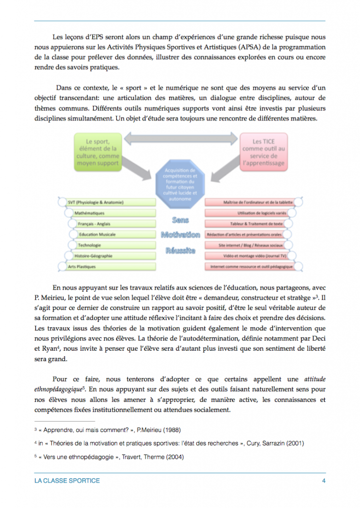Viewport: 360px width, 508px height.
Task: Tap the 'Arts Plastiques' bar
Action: click(x=95, y=267)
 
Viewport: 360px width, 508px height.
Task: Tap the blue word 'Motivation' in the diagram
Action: click(x=180, y=235)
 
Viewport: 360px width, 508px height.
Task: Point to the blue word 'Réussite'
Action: click(x=180, y=250)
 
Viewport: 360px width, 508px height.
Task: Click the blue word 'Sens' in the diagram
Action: click(x=180, y=219)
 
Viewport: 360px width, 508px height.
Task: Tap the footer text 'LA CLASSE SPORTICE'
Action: click(x=67, y=481)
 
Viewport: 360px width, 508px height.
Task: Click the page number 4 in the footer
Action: click(x=323, y=481)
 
